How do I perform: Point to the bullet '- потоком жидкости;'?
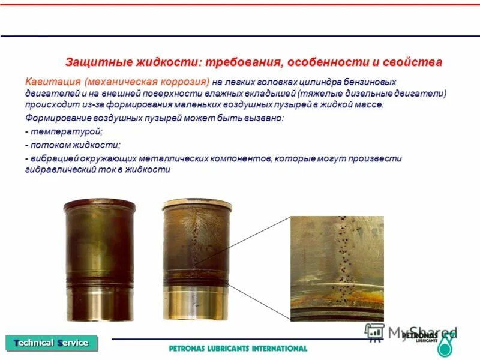click(x=73, y=145)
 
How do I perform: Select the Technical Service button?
click(x=51, y=343)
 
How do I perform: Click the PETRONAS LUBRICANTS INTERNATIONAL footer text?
click(x=238, y=348)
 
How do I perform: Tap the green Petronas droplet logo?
click(x=445, y=346)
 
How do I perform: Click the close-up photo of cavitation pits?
click(x=337, y=268)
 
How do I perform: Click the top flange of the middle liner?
click(x=197, y=205)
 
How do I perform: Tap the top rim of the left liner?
click(x=99, y=205)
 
